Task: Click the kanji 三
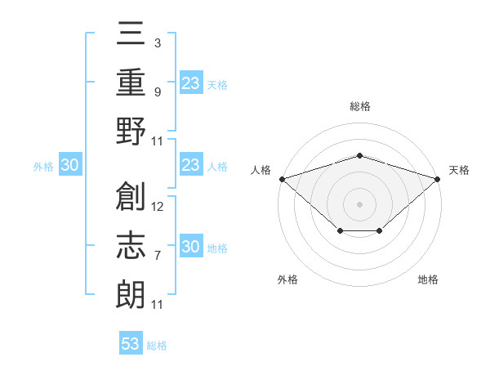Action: tap(131, 35)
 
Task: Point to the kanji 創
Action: tap(131, 195)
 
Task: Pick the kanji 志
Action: tap(131, 245)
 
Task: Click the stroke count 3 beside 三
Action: tap(157, 42)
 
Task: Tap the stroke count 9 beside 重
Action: tap(157, 92)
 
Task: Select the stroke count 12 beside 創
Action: tap(158, 206)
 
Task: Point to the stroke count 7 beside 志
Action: tap(157, 256)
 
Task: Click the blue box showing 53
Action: tap(131, 344)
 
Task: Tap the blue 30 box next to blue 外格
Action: tap(69, 166)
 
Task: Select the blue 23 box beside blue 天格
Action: tap(190, 83)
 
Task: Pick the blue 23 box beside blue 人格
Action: tap(190, 166)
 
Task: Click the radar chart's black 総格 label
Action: tap(360, 106)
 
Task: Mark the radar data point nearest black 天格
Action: tap(439, 178)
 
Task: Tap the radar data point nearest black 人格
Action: tap(282, 178)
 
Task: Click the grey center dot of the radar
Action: tap(360, 203)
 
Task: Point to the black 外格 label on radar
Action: tap(287, 279)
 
